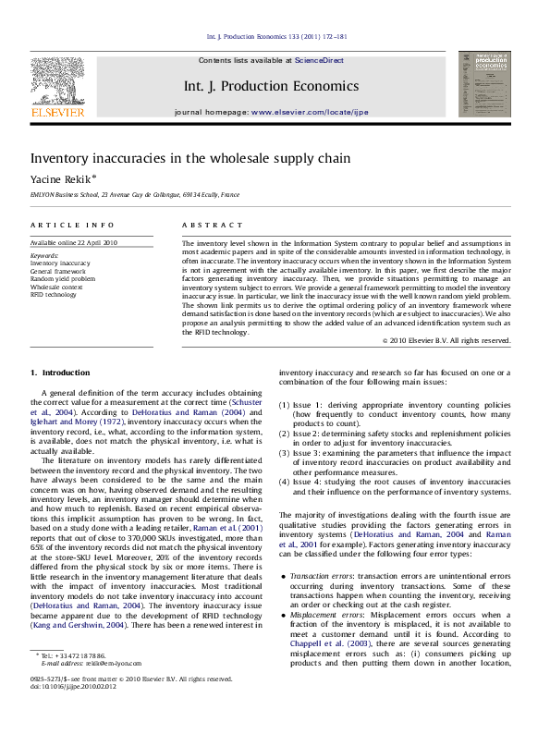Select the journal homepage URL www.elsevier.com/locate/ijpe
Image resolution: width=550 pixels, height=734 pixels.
[310, 111]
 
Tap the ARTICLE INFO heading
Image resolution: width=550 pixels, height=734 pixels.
[64, 225]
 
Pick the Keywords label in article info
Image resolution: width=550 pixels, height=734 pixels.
[45, 253]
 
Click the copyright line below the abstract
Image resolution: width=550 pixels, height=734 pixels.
[448, 340]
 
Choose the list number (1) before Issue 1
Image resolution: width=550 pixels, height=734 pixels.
[283, 405]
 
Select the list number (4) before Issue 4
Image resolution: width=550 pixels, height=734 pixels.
[283, 482]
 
